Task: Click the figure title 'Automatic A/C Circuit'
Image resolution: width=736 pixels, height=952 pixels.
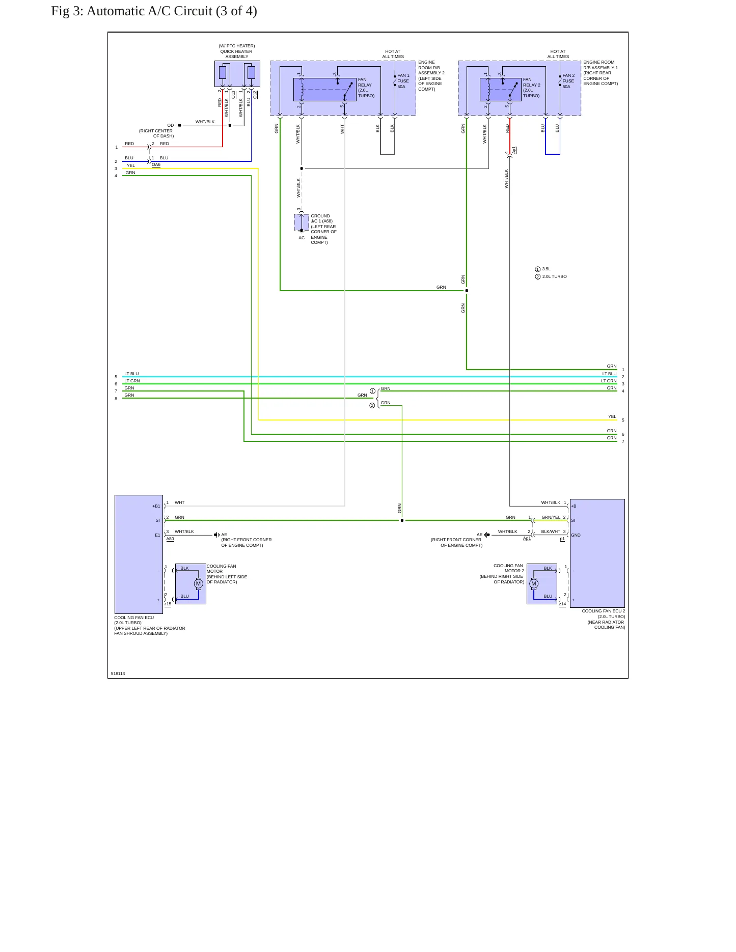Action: click(149, 11)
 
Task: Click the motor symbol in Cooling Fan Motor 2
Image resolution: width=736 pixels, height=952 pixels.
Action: click(534, 584)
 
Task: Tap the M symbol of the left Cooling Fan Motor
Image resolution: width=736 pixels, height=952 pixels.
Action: click(199, 584)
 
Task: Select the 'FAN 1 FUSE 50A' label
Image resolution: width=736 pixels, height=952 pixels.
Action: click(403, 81)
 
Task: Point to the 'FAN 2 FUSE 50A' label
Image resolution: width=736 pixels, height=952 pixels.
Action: click(568, 81)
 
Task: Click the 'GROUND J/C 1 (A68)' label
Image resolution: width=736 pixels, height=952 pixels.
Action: click(321, 218)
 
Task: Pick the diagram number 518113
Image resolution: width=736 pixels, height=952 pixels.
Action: click(118, 674)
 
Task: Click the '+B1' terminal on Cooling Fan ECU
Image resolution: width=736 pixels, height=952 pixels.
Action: click(156, 506)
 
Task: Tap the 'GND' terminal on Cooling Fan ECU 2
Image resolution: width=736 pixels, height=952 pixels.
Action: click(576, 535)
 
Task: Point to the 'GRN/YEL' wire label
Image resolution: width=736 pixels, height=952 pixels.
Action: click(551, 517)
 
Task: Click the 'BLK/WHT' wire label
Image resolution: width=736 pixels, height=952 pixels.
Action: click(551, 531)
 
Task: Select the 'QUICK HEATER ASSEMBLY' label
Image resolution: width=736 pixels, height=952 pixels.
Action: click(236, 54)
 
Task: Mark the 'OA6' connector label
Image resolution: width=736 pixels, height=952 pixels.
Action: click(156, 165)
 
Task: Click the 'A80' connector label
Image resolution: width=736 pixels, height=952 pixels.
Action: click(170, 539)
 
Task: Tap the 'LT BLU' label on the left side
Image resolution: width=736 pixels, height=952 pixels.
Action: click(131, 374)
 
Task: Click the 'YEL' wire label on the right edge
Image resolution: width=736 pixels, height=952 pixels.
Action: click(612, 416)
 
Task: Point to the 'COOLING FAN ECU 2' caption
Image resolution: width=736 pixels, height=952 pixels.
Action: click(604, 611)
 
